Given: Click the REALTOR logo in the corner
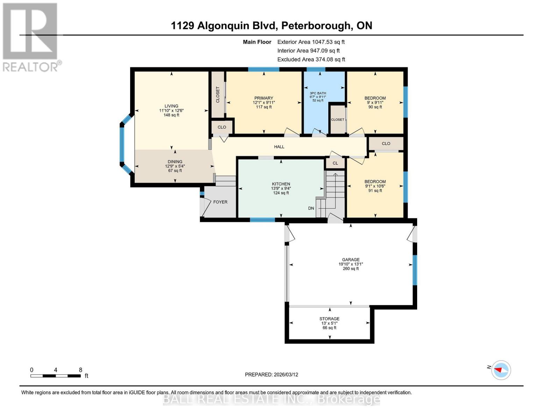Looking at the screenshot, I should point(31,37).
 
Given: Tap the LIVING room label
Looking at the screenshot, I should point(171,106).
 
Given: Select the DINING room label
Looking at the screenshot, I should point(175,162).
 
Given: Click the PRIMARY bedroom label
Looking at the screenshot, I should point(264,98).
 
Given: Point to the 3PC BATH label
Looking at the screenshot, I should point(318,93).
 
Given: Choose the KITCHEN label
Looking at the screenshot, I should point(281,184).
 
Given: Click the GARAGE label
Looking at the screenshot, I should point(351,260).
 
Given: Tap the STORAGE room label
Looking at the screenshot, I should point(329,319).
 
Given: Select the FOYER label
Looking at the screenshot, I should point(220,202).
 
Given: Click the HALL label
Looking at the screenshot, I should point(279,147).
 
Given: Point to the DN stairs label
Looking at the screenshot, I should point(311,208).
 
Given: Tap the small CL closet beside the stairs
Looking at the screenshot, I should point(335,163).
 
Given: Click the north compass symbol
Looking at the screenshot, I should point(501,370).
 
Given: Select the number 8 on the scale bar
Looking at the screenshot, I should point(80,370).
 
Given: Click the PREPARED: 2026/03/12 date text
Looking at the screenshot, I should point(271,374).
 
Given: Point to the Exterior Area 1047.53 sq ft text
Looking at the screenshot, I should point(311,42).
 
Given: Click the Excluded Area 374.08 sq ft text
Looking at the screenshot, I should point(311,59).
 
